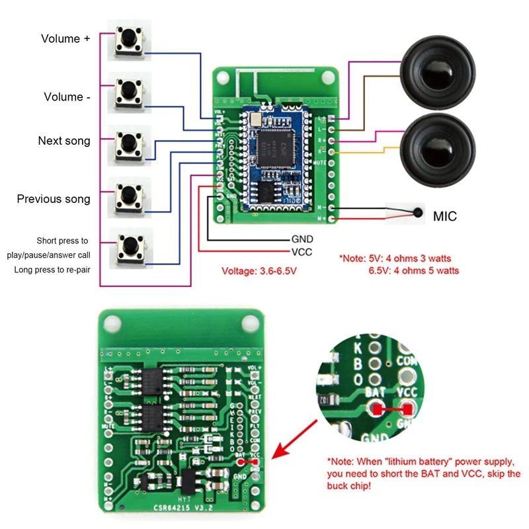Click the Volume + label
65,39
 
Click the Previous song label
54,199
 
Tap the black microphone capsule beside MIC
418,214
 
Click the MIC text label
444,216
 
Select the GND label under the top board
302,239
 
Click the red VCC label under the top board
302,252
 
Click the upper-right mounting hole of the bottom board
249,323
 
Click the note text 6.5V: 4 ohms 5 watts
413,270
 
